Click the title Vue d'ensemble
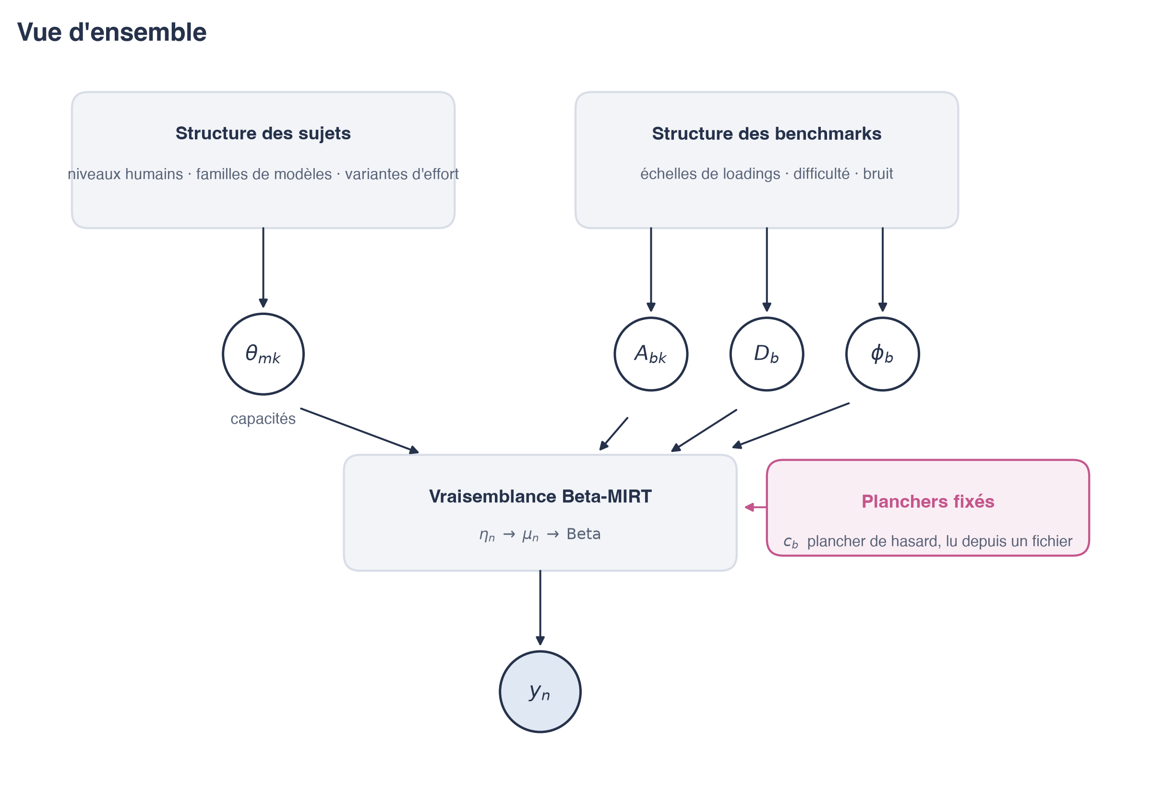[112, 32]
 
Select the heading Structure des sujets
[263, 134]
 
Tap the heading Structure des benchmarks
[767, 134]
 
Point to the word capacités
[263, 419]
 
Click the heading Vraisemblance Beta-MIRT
[540, 497]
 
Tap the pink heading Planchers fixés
[928, 501]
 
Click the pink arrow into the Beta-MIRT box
[755, 508]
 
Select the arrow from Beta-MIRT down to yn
[540, 608]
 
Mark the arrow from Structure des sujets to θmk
[263, 268]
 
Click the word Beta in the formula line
[584, 534]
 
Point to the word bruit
[878, 174]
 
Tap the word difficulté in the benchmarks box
[821, 174]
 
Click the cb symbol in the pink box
[791, 542]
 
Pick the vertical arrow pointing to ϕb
[882, 270]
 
